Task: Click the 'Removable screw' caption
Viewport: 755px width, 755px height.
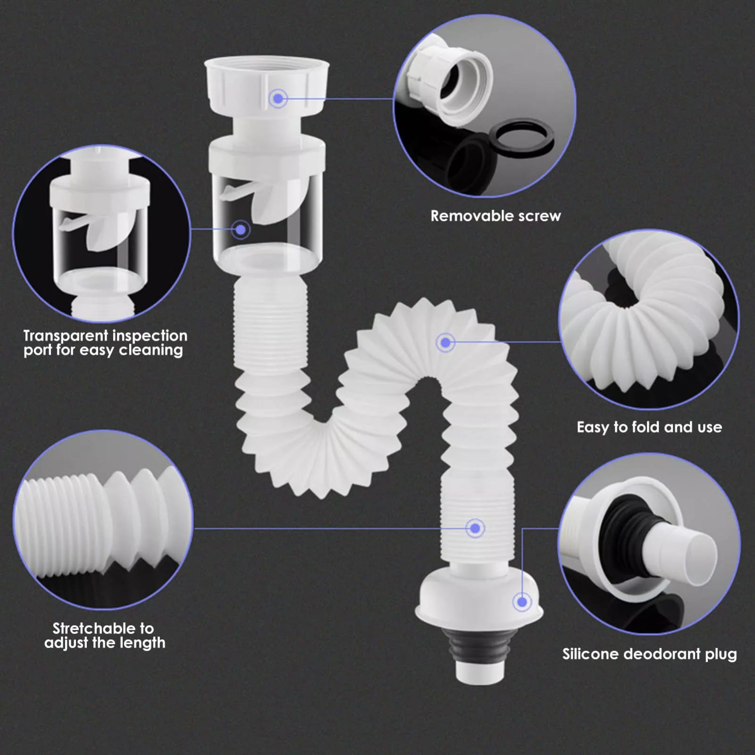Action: (495, 216)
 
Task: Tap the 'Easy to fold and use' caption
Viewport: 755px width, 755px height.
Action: (649, 427)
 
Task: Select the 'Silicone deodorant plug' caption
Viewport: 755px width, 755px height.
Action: (649, 654)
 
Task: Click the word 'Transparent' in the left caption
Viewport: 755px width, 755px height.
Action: (66, 336)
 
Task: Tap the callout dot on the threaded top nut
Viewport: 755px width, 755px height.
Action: (278, 98)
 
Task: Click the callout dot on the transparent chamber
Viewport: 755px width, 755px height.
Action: (241, 230)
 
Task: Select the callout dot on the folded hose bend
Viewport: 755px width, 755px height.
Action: (445, 342)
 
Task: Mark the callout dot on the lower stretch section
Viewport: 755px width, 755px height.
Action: (475, 528)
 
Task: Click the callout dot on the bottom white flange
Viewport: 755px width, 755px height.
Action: (522, 602)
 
